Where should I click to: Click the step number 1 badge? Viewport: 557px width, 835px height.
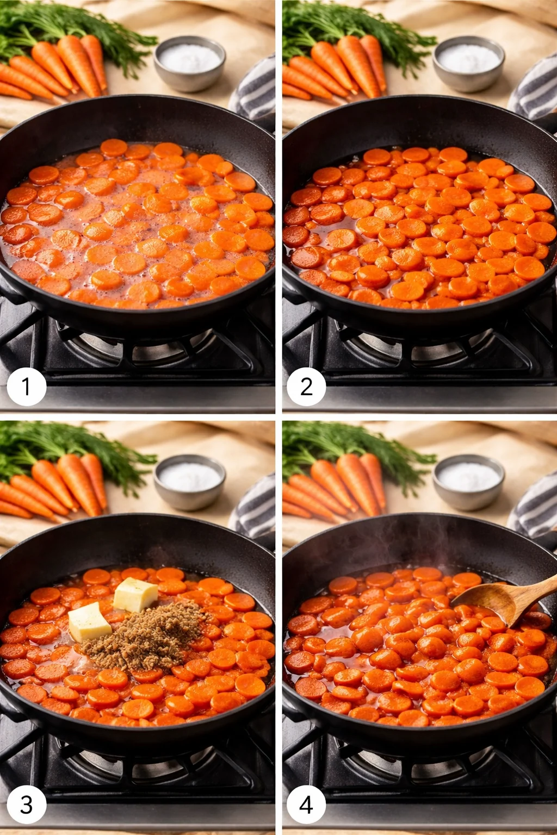(26, 387)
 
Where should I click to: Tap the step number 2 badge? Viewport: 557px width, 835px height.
(306, 387)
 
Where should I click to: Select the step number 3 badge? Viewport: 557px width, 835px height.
(26, 805)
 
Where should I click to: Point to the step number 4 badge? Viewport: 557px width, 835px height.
(306, 805)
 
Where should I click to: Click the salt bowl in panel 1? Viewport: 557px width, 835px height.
(189, 63)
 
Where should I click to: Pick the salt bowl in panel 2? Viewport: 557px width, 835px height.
(468, 63)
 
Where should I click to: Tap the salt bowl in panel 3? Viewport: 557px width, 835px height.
(189, 481)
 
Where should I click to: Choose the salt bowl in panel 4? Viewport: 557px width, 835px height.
(468, 481)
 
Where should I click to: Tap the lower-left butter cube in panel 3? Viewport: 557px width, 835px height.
(89, 621)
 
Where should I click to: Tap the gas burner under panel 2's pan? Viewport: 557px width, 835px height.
(419, 348)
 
